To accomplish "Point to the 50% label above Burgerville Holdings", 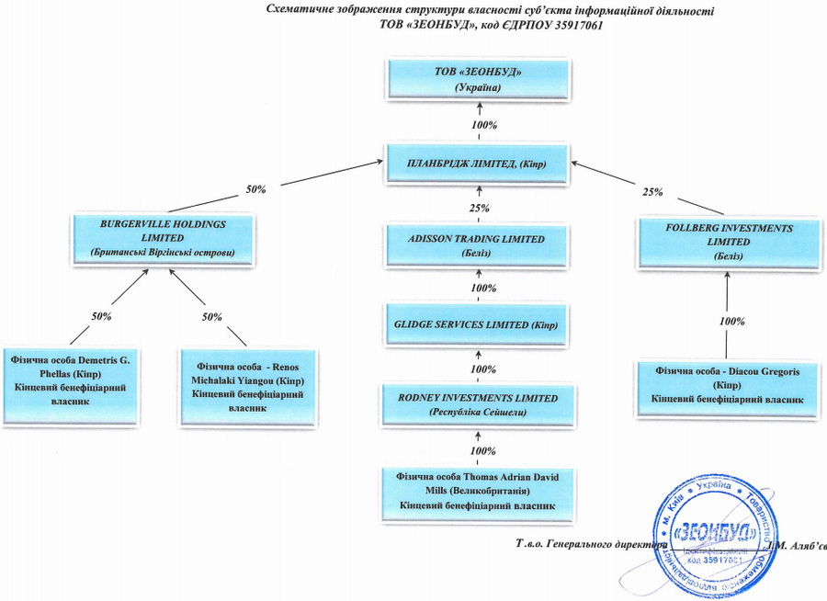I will coord(255,189).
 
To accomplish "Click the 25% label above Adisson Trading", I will coord(478,209).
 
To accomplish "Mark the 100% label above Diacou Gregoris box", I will coord(732,322).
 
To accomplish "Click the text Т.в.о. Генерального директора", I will coord(593,544).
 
